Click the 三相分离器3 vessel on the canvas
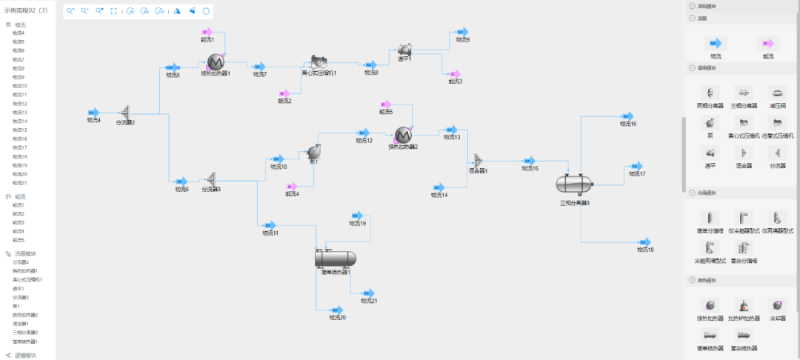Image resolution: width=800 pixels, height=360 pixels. click(575, 182)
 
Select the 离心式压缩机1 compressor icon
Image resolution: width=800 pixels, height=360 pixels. click(319, 62)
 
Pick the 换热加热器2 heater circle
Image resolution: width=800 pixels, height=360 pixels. click(403, 134)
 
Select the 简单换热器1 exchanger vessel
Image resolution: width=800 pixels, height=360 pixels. click(336, 259)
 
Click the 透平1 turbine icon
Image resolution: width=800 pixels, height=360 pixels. click(404, 49)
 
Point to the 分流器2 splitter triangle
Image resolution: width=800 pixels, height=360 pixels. click(125, 112)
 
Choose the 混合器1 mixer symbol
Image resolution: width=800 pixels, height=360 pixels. click(478, 161)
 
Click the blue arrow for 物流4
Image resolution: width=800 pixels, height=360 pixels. click(94, 112)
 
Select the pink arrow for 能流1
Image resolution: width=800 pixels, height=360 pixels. click(208, 32)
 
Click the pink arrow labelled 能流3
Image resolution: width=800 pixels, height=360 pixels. click(455, 73)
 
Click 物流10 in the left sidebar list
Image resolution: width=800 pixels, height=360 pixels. click(20, 86)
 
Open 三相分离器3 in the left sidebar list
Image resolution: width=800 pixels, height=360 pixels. click(25, 333)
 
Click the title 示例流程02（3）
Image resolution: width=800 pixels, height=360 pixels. click(26, 10)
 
